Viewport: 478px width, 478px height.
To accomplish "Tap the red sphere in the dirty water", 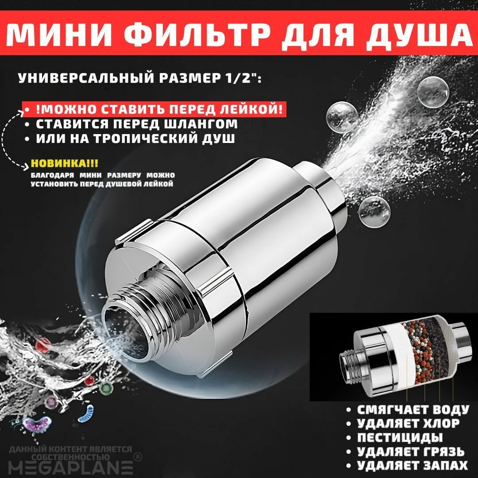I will tap(43, 343).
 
